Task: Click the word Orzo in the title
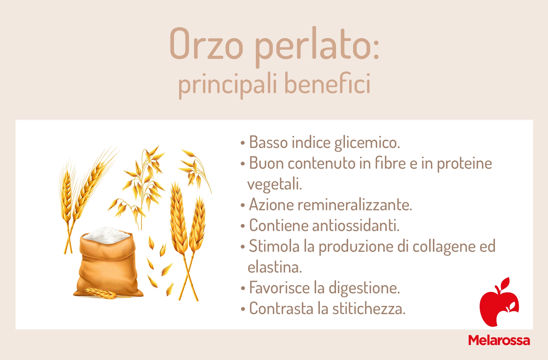207,44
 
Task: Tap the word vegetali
275,184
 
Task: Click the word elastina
275,267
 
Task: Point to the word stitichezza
369,309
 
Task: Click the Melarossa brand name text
499,340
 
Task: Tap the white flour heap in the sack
106,234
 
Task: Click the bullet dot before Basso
243,143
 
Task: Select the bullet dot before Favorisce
243,288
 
